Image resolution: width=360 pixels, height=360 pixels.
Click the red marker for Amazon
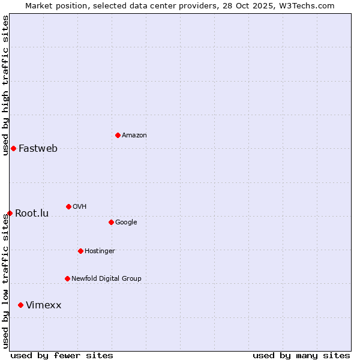pos(118,135)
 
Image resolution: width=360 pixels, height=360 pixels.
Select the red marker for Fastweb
pos(13,148)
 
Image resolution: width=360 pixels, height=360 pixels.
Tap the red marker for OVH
pos(68,206)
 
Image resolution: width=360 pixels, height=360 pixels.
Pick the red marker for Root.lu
pos(10,213)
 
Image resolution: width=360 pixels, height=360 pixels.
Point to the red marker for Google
pos(111,222)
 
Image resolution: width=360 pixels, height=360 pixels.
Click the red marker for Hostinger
pos(80,251)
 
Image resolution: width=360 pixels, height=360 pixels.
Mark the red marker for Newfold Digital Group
pos(67,278)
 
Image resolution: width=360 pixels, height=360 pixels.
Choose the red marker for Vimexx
pos(20,305)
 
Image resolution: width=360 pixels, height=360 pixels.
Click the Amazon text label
pos(134,136)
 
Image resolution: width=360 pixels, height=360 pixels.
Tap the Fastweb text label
pos(38,149)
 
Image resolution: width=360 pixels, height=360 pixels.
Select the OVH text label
pos(80,207)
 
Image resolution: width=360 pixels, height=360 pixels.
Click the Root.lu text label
pos(32,214)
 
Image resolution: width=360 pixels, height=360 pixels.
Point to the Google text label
pos(126,223)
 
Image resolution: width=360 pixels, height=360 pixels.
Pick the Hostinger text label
pos(100,251)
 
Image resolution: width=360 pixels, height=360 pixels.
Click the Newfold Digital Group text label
pos(106,279)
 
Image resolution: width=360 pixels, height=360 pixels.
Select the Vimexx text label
pos(43,305)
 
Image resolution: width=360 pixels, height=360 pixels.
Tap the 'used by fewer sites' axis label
pos(62,355)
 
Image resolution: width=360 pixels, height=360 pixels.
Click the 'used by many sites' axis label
pos(301,355)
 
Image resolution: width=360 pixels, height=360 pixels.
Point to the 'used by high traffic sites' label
pos(6,85)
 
